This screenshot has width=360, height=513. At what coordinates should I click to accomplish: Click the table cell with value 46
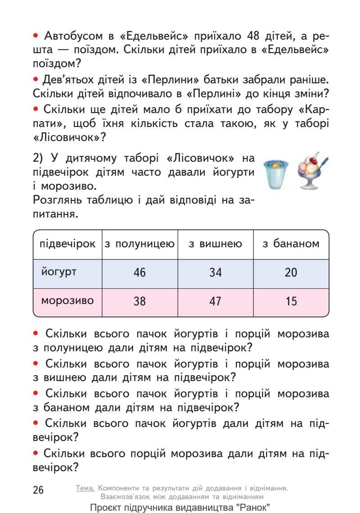(x=140, y=273)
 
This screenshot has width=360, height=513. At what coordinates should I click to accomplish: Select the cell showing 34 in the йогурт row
(x=216, y=273)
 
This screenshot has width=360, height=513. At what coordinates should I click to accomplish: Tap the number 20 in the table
(x=291, y=273)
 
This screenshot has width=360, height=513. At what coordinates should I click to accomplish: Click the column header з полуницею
(x=140, y=244)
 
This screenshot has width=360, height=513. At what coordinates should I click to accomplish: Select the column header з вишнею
(x=216, y=244)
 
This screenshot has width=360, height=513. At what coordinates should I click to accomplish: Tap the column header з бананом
(x=291, y=244)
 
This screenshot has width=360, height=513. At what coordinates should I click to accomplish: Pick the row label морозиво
(x=67, y=300)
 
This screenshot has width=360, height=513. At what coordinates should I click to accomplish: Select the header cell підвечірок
(x=68, y=244)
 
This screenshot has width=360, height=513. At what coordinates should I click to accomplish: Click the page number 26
(x=39, y=490)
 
